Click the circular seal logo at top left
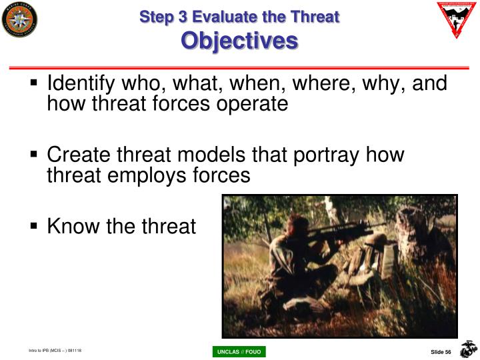point(19,19)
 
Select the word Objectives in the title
point(239,41)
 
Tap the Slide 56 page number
point(441,351)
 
